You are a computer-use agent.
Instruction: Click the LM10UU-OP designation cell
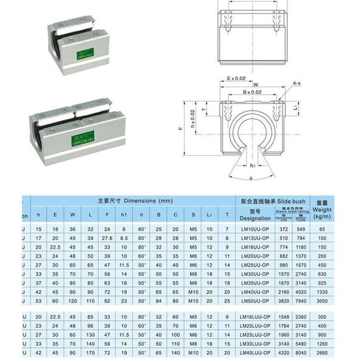[x=255, y=229]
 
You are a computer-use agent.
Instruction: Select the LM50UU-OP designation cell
[x=255, y=301]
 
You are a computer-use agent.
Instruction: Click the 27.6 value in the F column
[x=107, y=238]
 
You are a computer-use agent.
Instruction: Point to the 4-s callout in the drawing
[x=297, y=85]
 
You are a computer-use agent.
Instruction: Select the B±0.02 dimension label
[x=253, y=91]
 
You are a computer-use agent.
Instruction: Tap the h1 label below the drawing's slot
[x=253, y=165]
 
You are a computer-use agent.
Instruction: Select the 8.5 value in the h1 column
[x=124, y=238]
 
